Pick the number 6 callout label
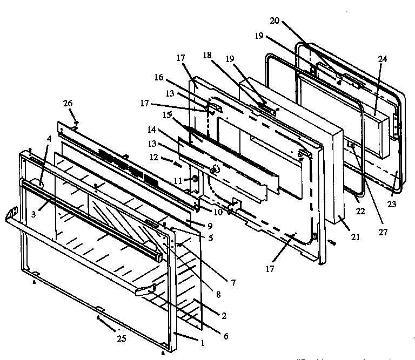225,336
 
